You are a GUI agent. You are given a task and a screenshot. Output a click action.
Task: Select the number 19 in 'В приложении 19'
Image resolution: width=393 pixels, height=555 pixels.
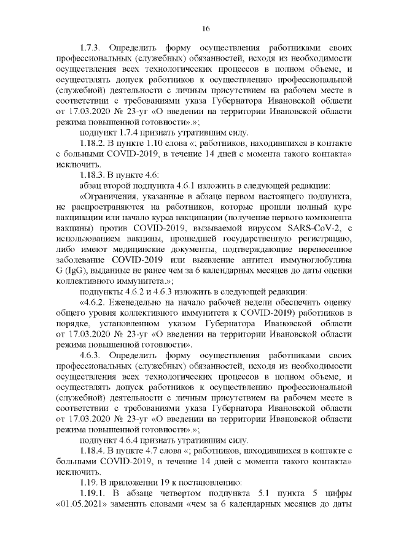point(160,483)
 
